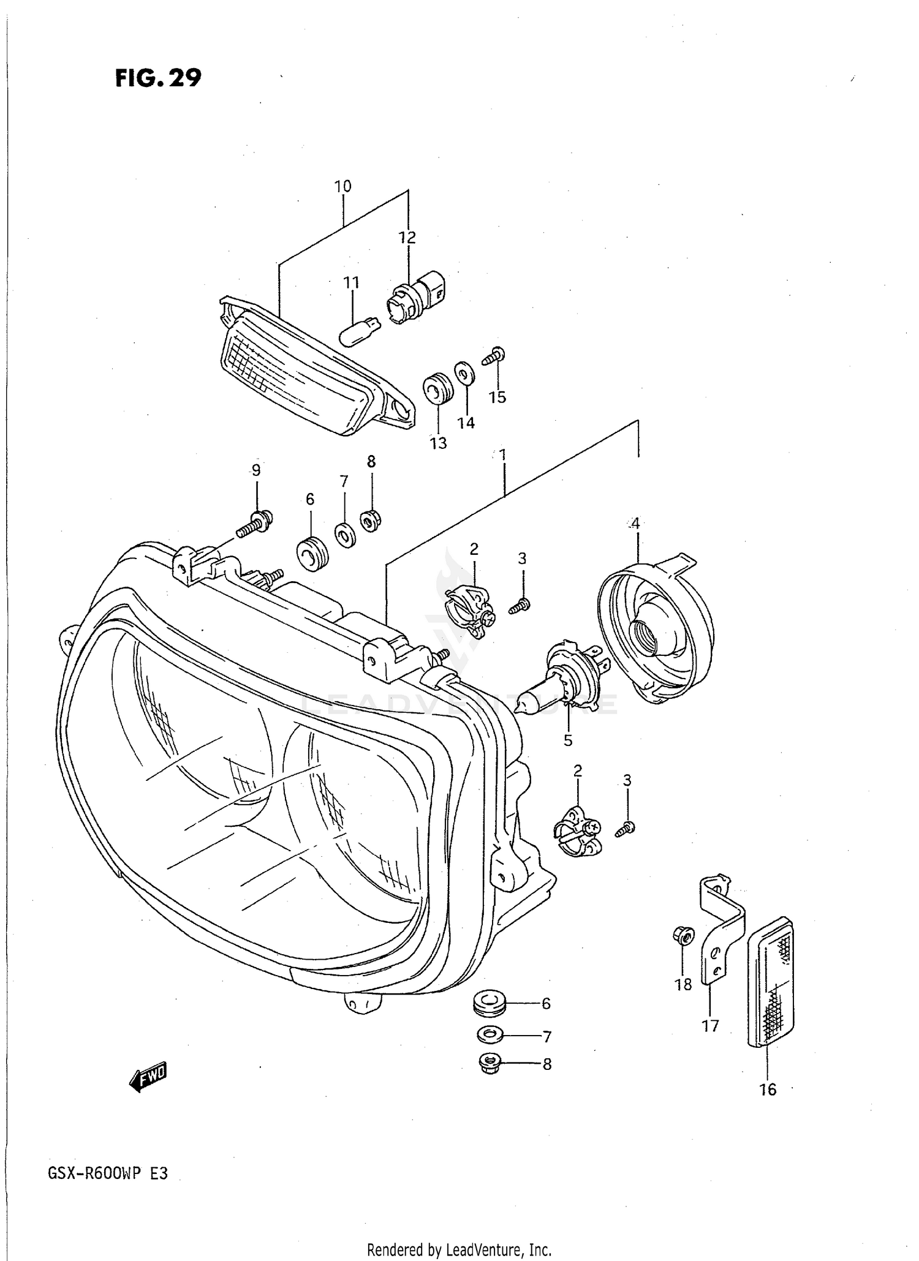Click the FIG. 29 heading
[158, 78]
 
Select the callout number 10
[342, 186]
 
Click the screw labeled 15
[494, 356]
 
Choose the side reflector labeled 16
[771, 983]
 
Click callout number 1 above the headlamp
[502, 455]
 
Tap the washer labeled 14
[464, 371]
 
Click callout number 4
[635, 524]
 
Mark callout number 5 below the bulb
[568, 740]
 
